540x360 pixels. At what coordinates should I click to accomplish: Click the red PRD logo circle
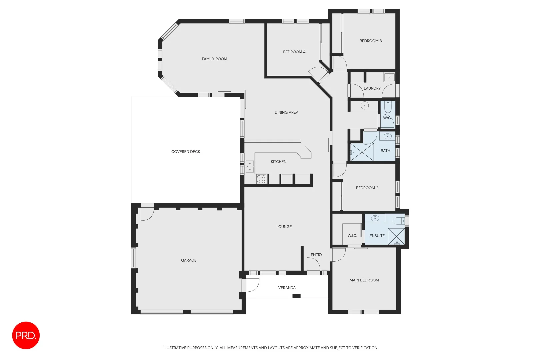coord(26,335)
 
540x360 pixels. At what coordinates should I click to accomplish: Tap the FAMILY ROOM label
coord(214,59)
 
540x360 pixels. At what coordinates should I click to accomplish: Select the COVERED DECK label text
coord(186,152)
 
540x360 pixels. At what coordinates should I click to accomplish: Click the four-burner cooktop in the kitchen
coord(261,179)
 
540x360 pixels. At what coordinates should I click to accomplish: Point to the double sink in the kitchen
coord(250,166)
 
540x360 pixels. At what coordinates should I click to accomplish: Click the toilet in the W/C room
coord(388,107)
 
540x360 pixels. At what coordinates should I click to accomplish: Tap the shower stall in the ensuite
coord(396,236)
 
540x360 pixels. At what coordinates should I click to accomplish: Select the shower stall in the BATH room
coord(362,152)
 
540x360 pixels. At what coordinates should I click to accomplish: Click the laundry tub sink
coord(389,77)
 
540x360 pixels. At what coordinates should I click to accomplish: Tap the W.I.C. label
coord(352,236)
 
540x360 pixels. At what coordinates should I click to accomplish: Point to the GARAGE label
coord(189,260)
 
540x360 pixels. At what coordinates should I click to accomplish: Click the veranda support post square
coord(296,296)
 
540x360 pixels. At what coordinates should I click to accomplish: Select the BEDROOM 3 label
coord(371,41)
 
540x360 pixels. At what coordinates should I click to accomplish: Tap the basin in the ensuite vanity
coord(375,218)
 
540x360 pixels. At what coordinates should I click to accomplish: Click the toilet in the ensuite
coord(398,221)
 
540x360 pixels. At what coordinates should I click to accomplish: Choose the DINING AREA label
coord(286,112)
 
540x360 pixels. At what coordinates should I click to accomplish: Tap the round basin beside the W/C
coord(365,106)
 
